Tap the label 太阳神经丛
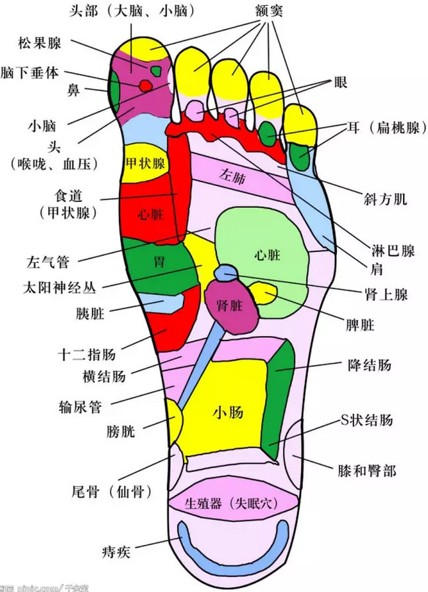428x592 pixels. (59, 288)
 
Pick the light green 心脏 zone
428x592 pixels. (264, 254)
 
